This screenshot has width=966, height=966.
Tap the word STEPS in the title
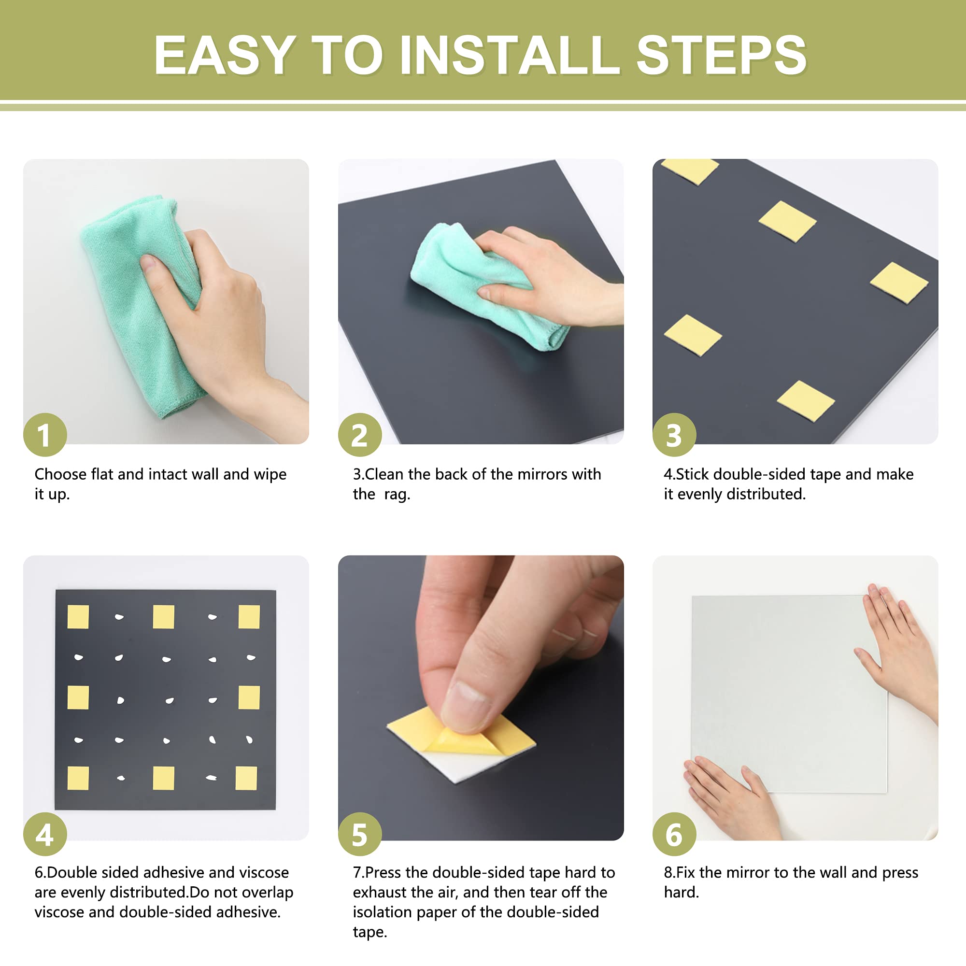722,55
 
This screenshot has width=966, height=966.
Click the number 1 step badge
45,435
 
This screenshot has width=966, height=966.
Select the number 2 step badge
359,435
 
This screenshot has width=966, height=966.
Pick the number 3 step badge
674,435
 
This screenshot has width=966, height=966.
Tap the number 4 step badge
45,834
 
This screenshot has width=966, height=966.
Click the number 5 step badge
359,834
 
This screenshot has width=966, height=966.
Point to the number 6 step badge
674,834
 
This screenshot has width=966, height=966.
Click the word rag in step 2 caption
397,495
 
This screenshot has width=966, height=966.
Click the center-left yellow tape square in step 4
78,697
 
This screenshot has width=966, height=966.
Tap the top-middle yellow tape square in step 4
164,616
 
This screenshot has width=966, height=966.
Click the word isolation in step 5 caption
383,912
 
